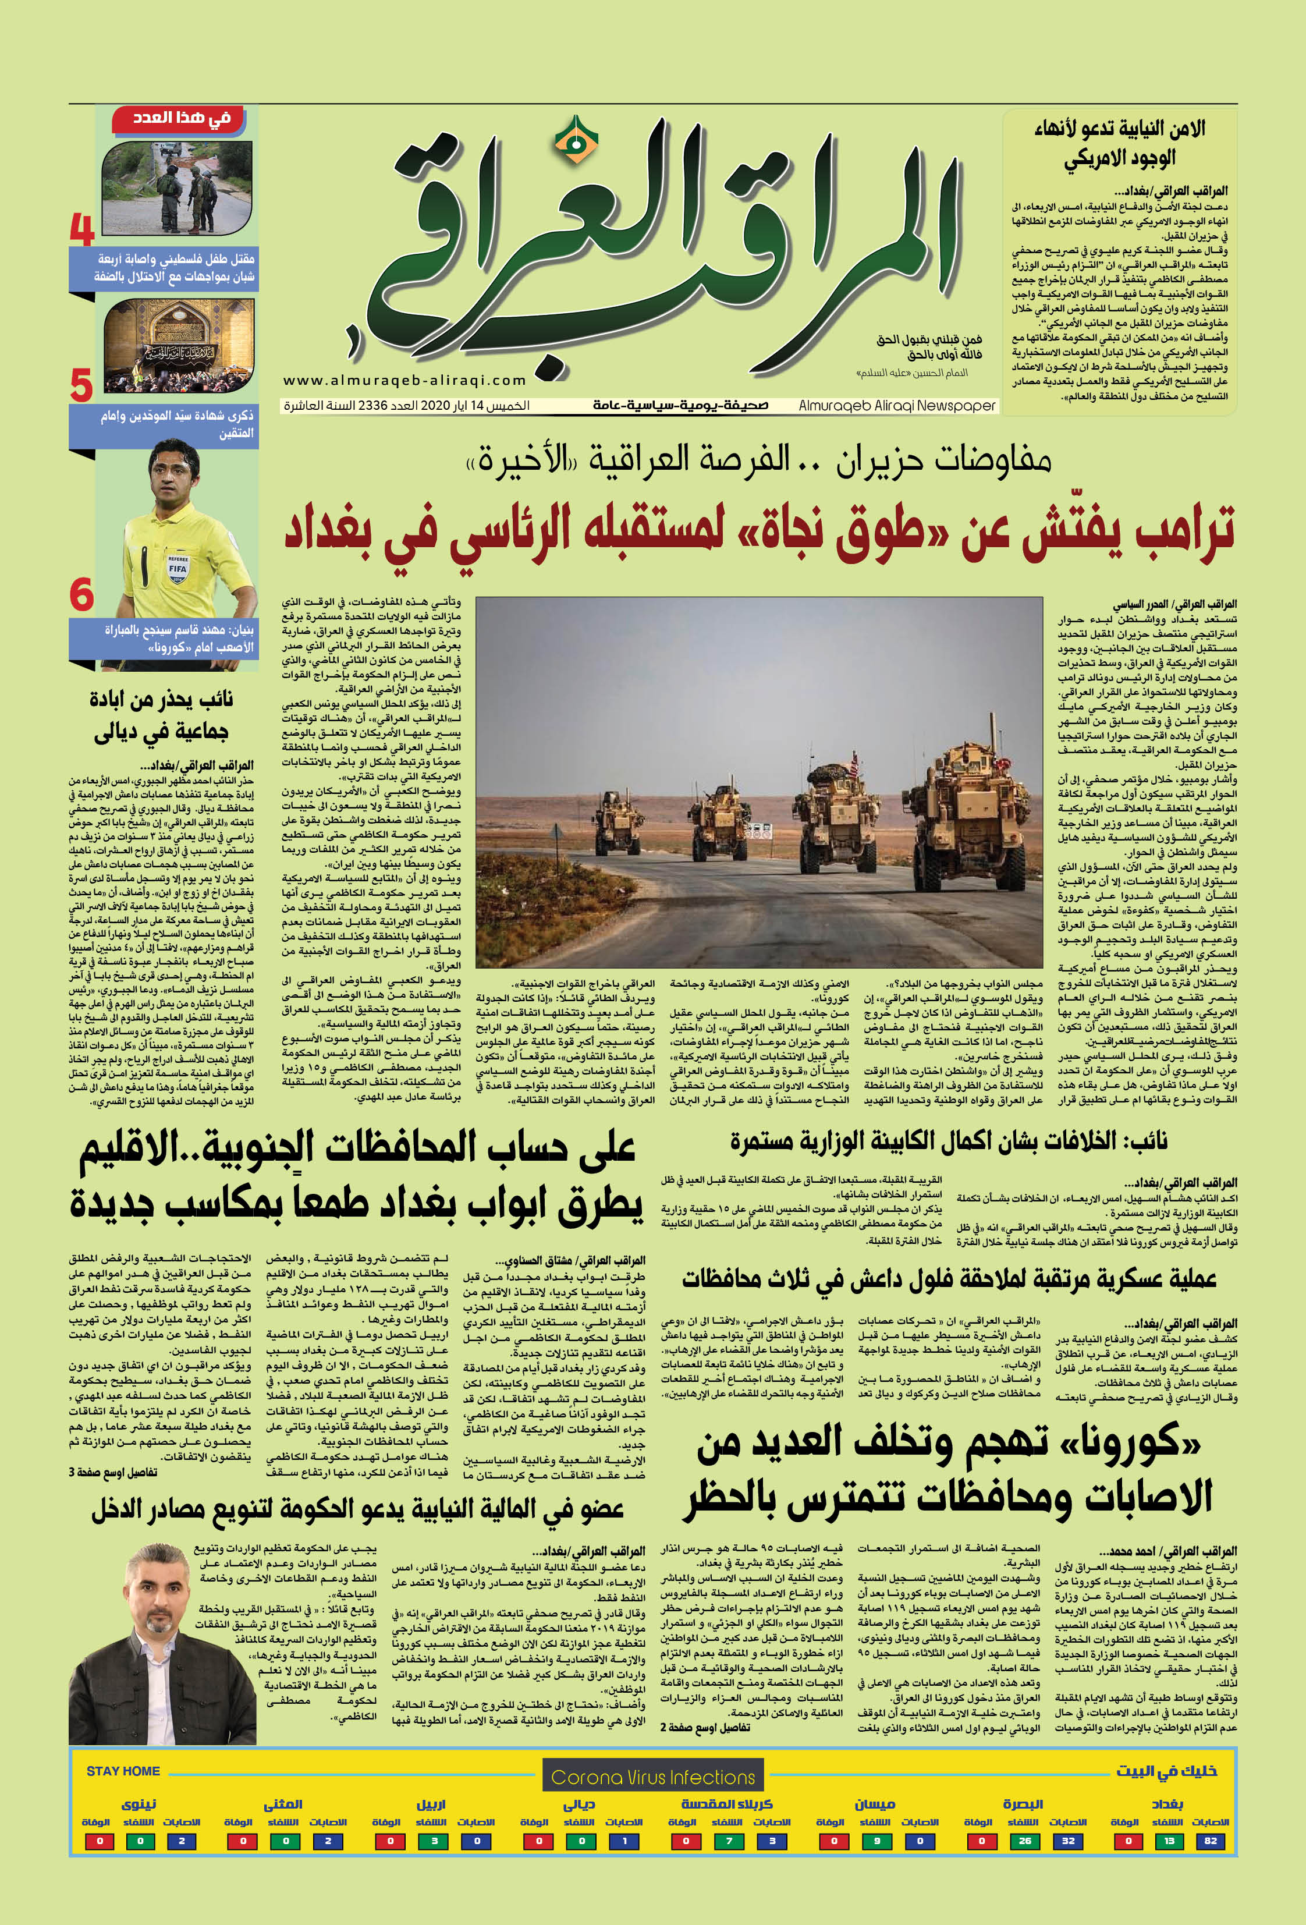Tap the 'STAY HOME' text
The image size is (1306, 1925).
click(123, 1771)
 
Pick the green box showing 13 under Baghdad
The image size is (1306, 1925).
click(1169, 1841)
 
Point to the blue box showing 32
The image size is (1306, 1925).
click(1069, 1841)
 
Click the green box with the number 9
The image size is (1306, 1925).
click(876, 1841)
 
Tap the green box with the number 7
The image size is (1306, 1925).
click(729, 1841)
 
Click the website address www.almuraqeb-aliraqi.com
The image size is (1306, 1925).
click(405, 380)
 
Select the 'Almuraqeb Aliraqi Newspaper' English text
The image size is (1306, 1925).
click(897, 406)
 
